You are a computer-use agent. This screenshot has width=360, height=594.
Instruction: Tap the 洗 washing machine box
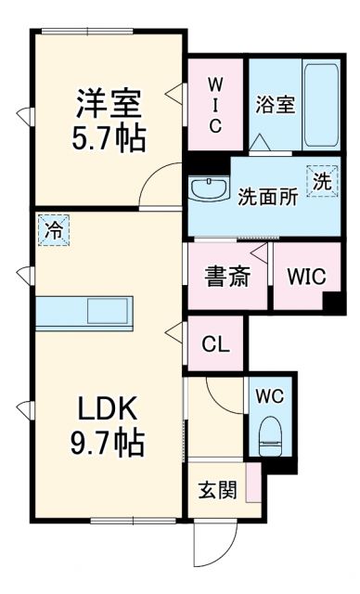point(320,182)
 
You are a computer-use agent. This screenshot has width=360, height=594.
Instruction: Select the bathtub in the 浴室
point(319,105)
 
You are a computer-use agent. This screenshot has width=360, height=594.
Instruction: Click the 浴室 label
point(275,104)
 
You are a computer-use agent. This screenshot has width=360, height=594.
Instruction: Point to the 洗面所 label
point(266,198)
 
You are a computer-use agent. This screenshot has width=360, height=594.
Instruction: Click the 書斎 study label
point(226,277)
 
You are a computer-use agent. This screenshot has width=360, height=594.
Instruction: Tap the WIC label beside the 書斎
point(304,278)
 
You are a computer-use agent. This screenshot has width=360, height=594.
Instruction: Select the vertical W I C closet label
point(214,104)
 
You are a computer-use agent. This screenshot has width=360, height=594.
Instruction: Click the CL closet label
point(214,342)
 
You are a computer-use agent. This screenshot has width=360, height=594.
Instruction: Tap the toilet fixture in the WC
point(270,434)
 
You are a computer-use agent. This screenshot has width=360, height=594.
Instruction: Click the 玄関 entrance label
point(216,490)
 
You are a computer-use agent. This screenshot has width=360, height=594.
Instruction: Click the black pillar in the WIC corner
point(333,303)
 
